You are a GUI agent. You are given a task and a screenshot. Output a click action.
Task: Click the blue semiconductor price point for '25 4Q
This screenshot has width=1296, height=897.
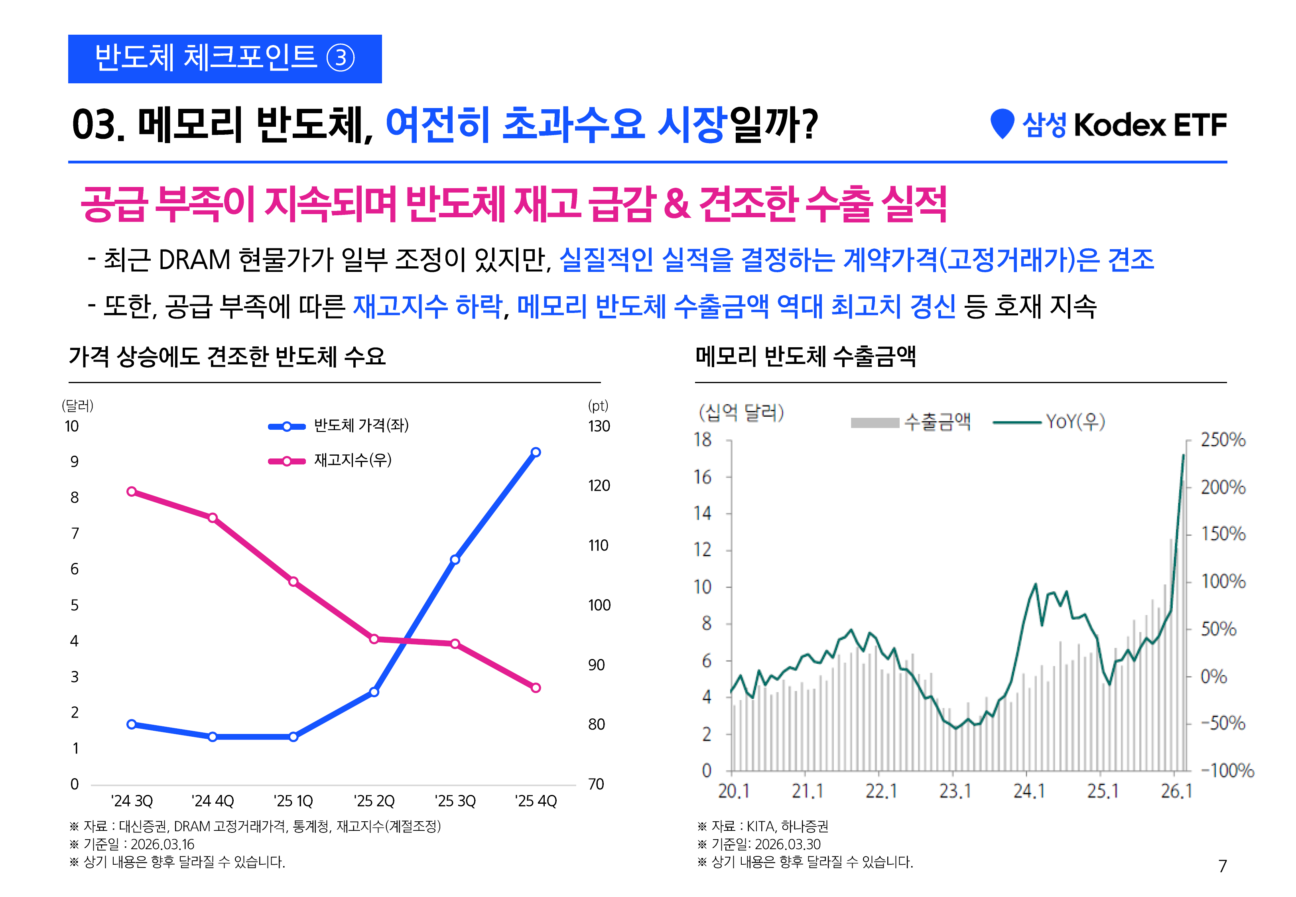[x=536, y=452]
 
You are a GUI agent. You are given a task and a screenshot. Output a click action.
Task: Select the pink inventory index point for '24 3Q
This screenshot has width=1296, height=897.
[x=132, y=492]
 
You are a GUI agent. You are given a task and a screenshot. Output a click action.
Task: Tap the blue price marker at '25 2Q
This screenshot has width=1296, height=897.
[x=374, y=692]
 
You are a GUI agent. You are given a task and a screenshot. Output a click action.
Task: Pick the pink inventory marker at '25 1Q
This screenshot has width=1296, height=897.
[x=293, y=582]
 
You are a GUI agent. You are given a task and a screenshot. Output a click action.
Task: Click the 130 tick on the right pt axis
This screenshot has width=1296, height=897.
[x=599, y=426]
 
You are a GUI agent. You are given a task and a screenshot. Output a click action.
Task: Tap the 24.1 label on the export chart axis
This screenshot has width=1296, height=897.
[x=1028, y=791]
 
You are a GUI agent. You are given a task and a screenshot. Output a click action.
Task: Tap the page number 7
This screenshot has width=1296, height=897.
[x=1222, y=866]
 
